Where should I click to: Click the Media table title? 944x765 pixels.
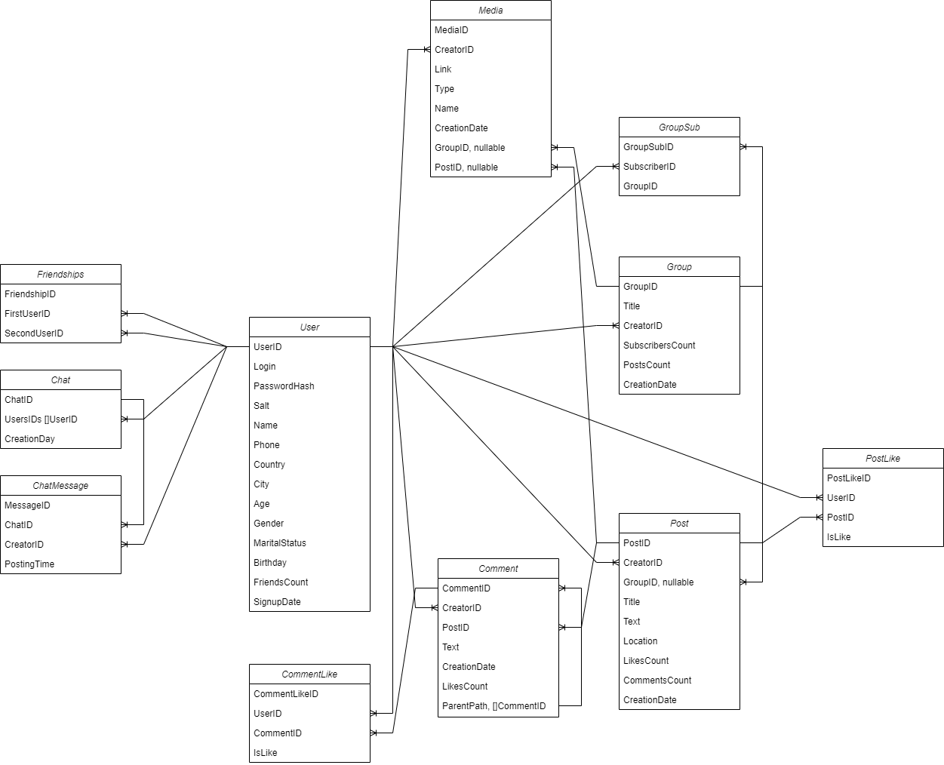490,11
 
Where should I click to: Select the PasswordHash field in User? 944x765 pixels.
284,386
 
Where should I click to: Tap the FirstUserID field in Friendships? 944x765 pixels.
27,314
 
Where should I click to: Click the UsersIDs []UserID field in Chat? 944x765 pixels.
41,419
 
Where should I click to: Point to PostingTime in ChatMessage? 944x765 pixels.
29,564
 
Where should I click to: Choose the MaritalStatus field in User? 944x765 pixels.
280,543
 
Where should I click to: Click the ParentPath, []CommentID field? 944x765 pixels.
494,706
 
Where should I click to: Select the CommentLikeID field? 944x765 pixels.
286,694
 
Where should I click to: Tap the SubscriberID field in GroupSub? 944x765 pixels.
649,167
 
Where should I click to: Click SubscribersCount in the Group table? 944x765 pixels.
659,346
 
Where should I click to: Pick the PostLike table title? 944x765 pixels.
883,459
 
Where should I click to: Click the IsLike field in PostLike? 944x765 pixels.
838,537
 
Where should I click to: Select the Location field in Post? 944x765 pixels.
640,641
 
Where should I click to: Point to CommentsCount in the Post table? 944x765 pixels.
657,681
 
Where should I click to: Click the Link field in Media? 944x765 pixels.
443,69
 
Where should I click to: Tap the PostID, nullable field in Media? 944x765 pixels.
466,167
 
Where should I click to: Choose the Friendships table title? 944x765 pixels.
60,275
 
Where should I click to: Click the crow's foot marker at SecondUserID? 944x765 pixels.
125,333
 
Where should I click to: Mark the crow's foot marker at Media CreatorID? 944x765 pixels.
426,50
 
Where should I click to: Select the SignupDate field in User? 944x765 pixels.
277,602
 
